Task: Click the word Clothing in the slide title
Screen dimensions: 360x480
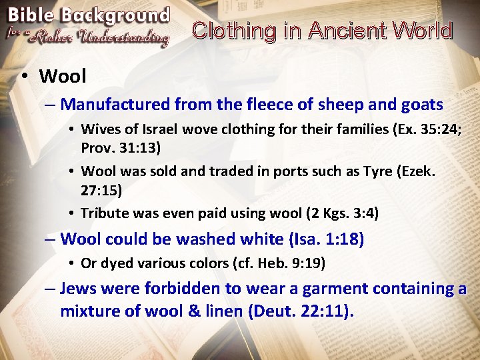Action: (233, 31)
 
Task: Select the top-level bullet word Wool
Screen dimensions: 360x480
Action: (63, 76)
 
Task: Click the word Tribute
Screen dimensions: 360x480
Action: (103, 213)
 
